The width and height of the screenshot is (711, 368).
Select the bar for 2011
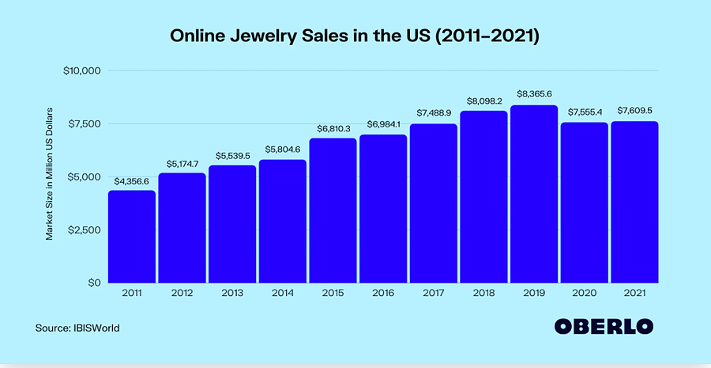tap(132, 237)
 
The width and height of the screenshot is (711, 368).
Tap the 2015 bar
tap(333, 211)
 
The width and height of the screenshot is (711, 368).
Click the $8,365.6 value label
tap(533, 94)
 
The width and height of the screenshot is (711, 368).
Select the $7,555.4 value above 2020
tap(584, 112)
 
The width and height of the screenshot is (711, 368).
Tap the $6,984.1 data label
tap(383, 123)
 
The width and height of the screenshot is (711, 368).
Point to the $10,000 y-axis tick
tap(81, 70)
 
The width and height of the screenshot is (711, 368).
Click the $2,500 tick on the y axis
tap(84, 230)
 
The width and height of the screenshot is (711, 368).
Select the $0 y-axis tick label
tap(92, 283)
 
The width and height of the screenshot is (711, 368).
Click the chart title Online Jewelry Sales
tap(355, 37)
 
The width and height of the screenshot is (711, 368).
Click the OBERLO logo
tap(606, 327)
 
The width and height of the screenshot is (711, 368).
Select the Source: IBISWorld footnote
tap(77, 327)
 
